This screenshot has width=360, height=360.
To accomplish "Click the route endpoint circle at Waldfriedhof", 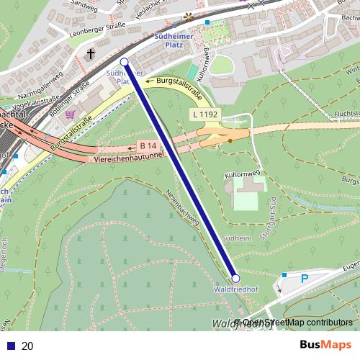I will click(235, 278).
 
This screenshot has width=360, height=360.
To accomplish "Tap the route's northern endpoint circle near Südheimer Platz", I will click(124, 62).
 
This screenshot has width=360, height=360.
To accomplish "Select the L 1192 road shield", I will click(204, 114).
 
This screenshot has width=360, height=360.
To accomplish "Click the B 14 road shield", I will click(148, 145).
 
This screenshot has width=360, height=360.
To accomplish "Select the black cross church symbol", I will click(91, 54).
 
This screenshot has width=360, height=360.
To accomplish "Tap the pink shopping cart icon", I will click(69, 114).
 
